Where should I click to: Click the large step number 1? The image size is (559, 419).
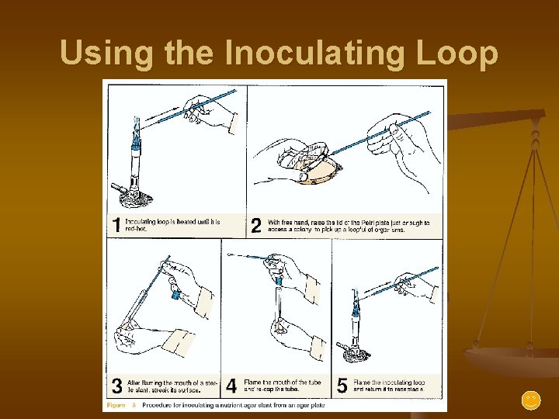coord(116,225)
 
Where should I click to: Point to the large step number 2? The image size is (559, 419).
coord(256,225)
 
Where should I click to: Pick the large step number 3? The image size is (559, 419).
coord(116,386)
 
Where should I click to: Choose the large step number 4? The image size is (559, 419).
coord(231,386)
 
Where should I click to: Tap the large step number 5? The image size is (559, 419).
coord(342,386)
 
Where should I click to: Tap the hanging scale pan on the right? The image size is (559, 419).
coord(512,361)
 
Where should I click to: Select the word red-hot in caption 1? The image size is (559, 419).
coord(136,230)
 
